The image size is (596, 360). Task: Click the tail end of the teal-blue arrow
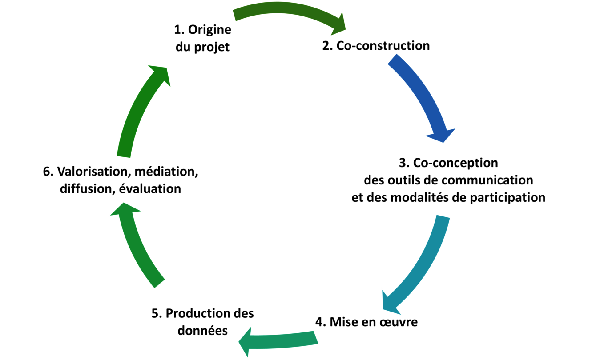[443, 216]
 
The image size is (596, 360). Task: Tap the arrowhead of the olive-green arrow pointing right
[339, 27]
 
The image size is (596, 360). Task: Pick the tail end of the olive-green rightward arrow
[234, 14]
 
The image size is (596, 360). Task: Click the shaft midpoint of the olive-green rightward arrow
[285, 8]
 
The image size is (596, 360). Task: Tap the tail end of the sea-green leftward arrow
[316, 337]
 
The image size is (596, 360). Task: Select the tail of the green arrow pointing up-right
[124, 157]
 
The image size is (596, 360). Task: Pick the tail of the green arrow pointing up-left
[160, 284]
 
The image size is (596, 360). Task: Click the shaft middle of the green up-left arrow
[138, 249]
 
